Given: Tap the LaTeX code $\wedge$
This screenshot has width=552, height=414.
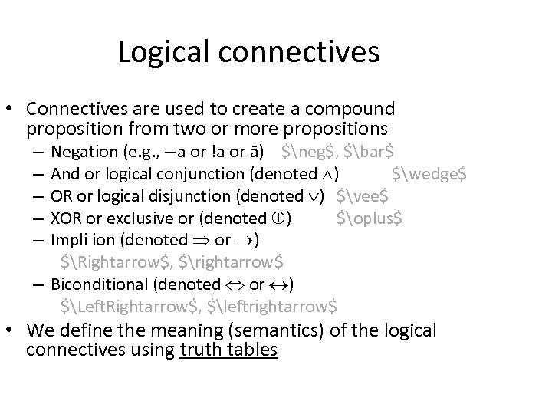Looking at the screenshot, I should tap(428, 175).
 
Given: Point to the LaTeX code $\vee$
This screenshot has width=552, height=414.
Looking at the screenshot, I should tap(363, 197).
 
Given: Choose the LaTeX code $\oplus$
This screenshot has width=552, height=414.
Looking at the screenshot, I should tap(370, 219).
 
